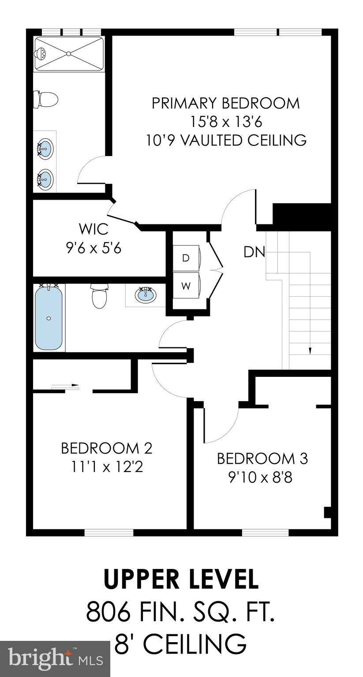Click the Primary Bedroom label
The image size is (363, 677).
click(225, 103)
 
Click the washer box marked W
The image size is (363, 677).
click(186, 286)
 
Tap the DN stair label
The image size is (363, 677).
click(254, 252)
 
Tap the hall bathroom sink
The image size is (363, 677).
click(145, 294)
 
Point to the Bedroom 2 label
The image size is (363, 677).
click(106, 448)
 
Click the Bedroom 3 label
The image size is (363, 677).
click(262, 458)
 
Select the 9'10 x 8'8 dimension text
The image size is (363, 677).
click(260, 477)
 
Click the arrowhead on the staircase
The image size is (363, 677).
click(310, 350)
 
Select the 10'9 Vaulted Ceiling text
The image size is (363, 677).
click(226, 140)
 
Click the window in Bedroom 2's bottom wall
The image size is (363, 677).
click(109, 532)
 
